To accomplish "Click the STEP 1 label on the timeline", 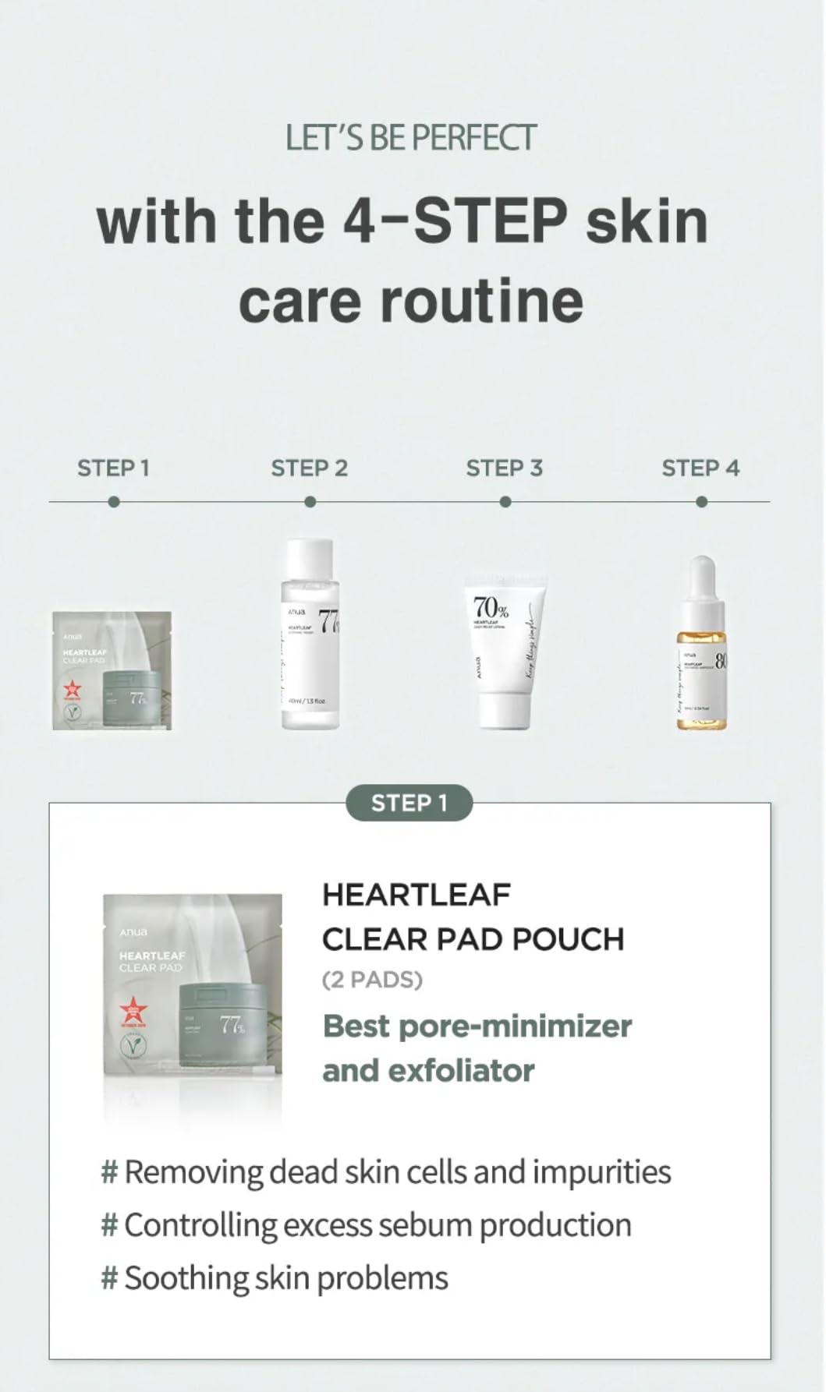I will pos(113,468).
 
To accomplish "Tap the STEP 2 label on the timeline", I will pos(309,468).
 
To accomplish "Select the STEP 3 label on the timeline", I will pos(504,468).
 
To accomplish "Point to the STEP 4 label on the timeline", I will pos(700,468).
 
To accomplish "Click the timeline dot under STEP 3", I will pos(505,502).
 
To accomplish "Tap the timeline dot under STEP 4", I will pos(701,502).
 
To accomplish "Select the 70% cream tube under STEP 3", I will pos(504,651).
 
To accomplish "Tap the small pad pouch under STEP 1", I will pos(112,671).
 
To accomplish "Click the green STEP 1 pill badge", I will pos(409,803).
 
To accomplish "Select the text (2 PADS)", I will pos(372,980).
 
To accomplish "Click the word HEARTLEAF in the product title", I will pos(417,895).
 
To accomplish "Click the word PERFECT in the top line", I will pos(473,138).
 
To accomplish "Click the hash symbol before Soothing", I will pos(110,1278).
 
